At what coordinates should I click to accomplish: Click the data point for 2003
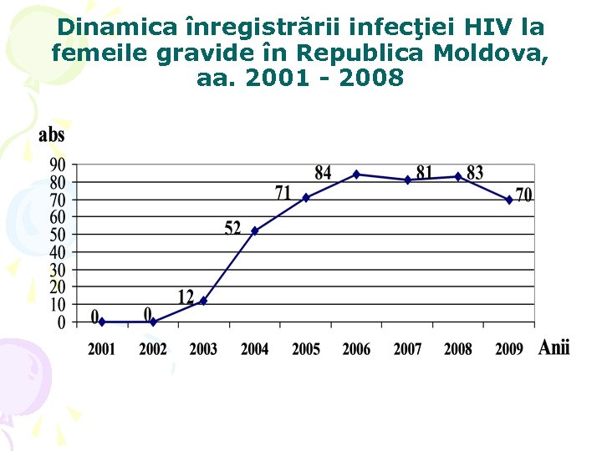click(x=203, y=301)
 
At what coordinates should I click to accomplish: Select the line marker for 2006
click(x=356, y=175)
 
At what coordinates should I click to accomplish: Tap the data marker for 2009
click(x=509, y=200)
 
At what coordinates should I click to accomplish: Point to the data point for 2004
click(x=254, y=231)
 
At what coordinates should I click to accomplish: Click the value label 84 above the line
click(x=324, y=173)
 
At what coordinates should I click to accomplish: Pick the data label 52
click(x=232, y=228)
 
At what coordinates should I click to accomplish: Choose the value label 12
click(x=186, y=297)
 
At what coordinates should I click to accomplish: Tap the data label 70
click(x=524, y=195)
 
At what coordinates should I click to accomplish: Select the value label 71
click(x=283, y=194)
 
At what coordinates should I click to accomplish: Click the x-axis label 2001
click(x=102, y=349)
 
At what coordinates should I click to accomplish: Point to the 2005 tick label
click(x=305, y=349)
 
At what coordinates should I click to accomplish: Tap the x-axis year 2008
click(x=458, y=349)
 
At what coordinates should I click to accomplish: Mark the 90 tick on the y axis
click(x=58, y=165)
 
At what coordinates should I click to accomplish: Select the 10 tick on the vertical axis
click(x=58, y=305)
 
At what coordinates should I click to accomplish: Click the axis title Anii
click(x=554, y=347)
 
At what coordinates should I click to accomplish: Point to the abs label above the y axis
click(x=51, y=135)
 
